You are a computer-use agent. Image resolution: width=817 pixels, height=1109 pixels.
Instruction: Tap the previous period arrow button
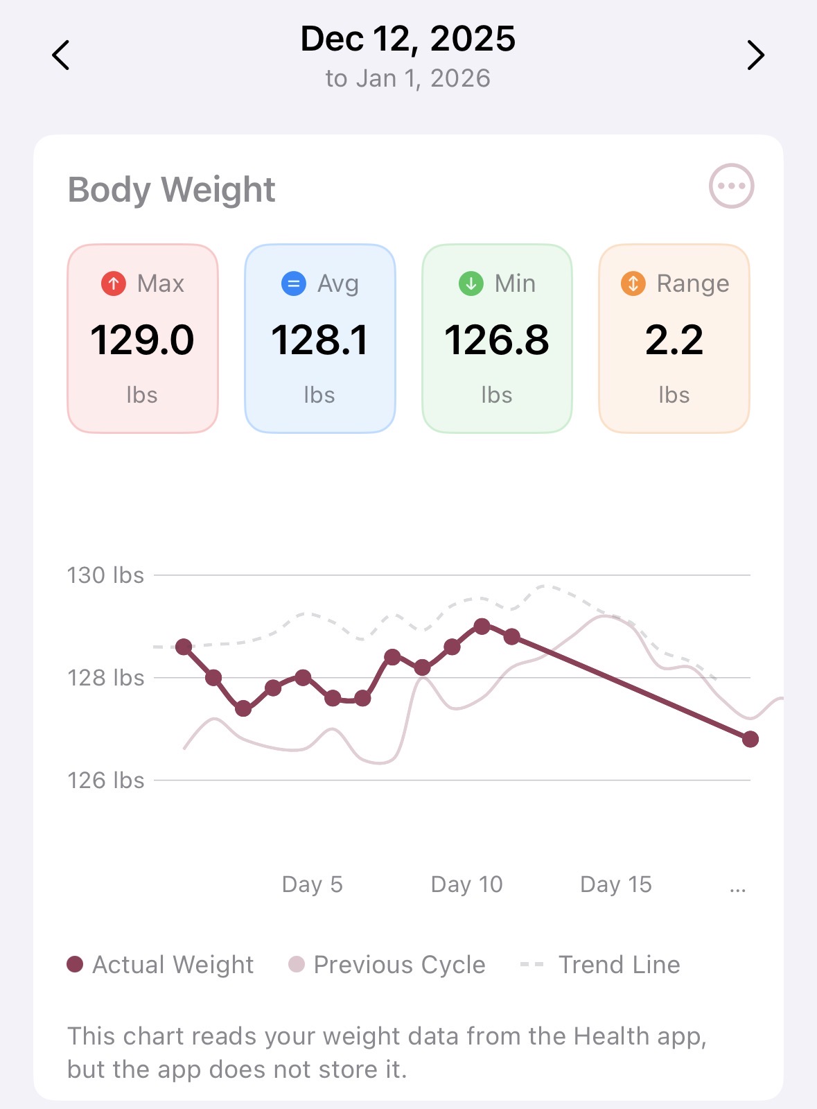click(61, 55)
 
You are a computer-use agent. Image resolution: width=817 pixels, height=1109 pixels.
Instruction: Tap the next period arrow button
click(755, 55)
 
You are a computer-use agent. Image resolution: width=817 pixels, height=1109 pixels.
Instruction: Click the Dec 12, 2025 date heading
click(407, 39)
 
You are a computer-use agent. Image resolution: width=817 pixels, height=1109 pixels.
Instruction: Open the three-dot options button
click(731, 186)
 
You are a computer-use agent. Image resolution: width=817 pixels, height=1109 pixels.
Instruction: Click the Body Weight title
click(171, 189)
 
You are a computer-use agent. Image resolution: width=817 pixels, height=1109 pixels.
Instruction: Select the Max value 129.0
click(142, 340)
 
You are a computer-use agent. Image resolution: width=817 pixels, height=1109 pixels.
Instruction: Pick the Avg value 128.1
click(319, 340)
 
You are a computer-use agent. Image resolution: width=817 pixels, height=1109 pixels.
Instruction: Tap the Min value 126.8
click(497, 340)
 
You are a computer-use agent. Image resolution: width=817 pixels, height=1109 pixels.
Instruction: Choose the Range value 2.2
click(674, 340)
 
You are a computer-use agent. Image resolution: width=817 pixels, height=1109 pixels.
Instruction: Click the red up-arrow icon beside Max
click(114, 283)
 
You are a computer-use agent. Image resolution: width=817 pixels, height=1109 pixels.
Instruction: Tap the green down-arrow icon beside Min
click(471, 283)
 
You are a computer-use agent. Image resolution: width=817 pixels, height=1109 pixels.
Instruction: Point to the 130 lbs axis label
click(105, 575)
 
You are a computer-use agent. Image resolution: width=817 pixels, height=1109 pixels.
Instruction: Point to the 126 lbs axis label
click(105, 780)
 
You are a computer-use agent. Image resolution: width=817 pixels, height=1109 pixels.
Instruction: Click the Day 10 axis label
click(466, 884)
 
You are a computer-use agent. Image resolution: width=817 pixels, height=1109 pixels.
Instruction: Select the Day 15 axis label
click(615, 884)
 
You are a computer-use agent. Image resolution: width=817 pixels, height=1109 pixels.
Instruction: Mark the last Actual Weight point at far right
click(750, 740)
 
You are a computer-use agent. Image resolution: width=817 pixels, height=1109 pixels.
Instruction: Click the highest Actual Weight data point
click(482, 627)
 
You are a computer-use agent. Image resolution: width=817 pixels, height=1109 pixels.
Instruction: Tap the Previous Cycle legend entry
click(387, 965)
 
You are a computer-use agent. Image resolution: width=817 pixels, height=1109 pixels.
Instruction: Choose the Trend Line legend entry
click(600, 965)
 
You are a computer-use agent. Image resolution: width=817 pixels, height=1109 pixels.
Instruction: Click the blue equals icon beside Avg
click(294, 283)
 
